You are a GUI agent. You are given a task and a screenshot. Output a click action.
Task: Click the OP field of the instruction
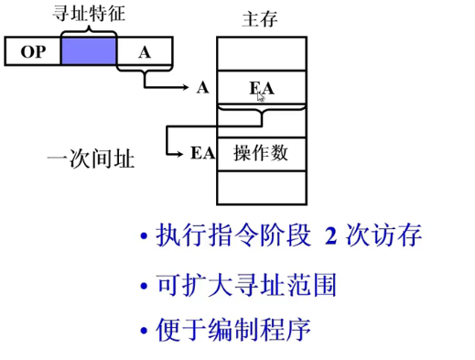(x=33, y=52)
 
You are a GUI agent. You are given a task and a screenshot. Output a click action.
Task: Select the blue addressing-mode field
(x=89, y=52)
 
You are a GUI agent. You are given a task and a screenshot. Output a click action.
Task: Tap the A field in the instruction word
(x=144, y=52)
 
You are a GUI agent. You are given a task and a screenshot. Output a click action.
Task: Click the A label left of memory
(x=201, y=88)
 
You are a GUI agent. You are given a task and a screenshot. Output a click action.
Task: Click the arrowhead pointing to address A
(x=185, y=88)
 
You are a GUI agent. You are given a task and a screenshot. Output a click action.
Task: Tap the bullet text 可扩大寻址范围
(x=246, y=285)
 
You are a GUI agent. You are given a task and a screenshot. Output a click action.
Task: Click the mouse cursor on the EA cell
(x=261, y=94)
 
